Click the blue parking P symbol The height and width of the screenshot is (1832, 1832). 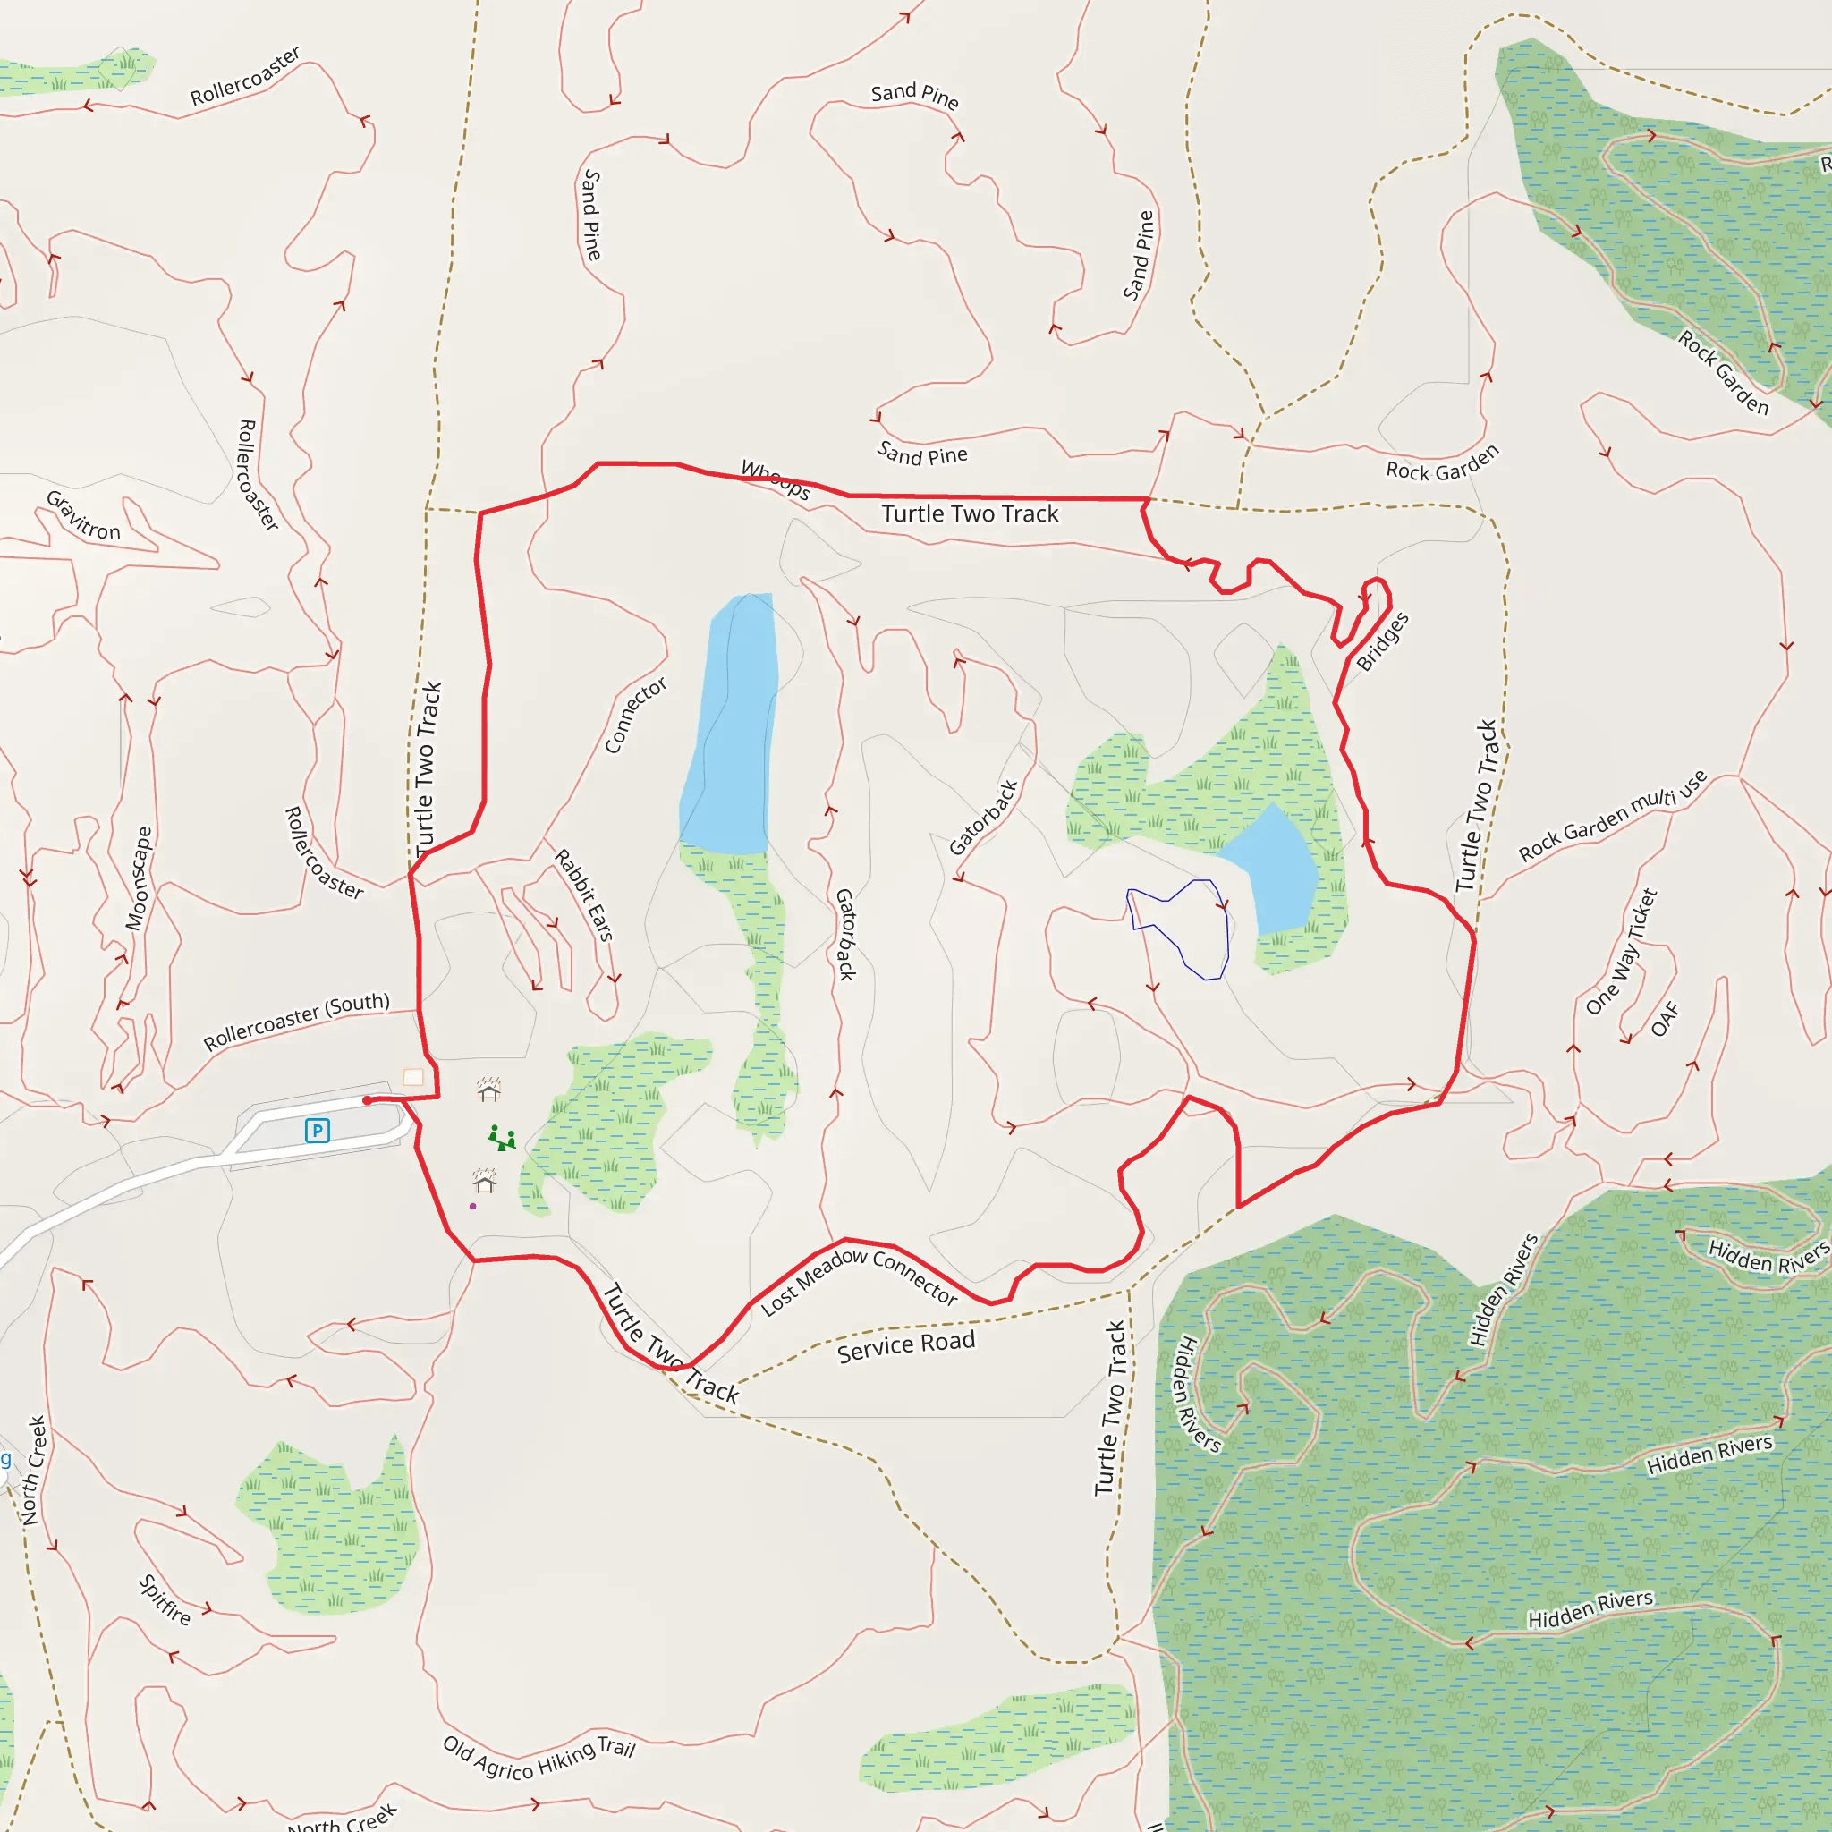pyautogui.click(x=317, y=1131)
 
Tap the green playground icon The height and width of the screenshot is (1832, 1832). pyautogui.click(x=501, y=1138)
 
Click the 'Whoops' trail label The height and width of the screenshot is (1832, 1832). pyautogui.click(x=776, y=479)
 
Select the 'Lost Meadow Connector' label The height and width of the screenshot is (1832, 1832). pyautogui.click(x=859, y=1281)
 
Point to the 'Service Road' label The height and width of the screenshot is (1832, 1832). pyautogui.click(x=905, y=1346)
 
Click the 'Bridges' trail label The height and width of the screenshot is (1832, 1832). pyautogui.click(x=1383, y=642)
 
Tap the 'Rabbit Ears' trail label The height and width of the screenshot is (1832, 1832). pyautogui.click(x=583, y=895)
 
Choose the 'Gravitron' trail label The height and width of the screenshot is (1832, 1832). pyautogui.click(x=83, y=516)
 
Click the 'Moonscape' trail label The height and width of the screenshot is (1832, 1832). pyautogui.click(x=139, y=878)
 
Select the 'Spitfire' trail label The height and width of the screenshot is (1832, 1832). pyautogui.click(x=165, y=1599)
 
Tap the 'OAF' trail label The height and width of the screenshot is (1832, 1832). pyautogui.click(x=1665, y=1020)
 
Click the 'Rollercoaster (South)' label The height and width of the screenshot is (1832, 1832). pyautogui.click(x=297, y=1022)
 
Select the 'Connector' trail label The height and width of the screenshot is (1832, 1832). pyautogui.click(x=635, y=715)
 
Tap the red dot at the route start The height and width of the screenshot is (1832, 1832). pyautogui.click(x=367, y=1100)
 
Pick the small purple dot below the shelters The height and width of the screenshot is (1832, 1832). pyautogui.click(x=473, y=1206)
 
